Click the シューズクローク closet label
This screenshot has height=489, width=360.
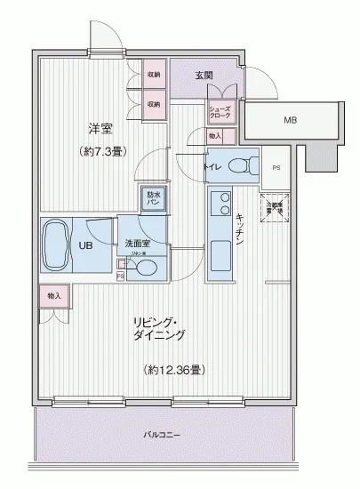coord(219,112)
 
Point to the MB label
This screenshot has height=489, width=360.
coord(291,118)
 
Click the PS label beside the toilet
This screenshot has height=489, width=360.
coord(276,166)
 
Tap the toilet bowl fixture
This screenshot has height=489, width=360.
coord(238,164)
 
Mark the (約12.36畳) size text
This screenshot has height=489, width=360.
coord(173,368)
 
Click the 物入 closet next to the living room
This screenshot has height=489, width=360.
coord(54,295)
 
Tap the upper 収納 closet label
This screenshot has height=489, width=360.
coord(154,75)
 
